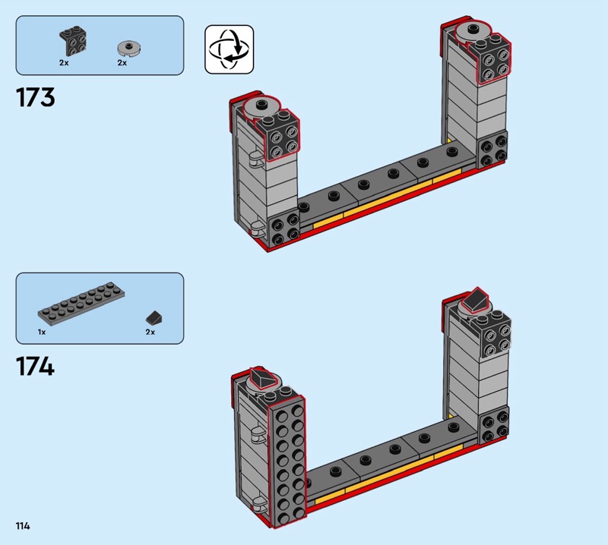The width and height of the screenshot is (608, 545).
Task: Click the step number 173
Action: click(35, 97)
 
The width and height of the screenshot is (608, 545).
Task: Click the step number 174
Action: click(35, 367)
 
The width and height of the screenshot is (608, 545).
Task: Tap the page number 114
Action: click(23, 525)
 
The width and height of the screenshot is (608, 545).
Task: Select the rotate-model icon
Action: click(230, 49)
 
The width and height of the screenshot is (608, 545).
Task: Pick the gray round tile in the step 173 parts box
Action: click(128, 48)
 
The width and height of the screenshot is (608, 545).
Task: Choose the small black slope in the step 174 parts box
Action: click(154, 318)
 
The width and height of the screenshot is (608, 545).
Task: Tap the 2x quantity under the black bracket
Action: click(64, 63)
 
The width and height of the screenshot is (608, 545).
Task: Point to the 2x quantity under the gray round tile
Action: click(122, 63)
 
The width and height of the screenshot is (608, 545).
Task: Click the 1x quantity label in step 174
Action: click(42, 332)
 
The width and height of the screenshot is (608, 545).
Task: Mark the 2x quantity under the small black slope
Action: click(150, 332)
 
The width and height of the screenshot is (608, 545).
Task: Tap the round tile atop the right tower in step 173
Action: click(472, 32)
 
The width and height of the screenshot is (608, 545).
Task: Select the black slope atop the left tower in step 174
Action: click(264, 377)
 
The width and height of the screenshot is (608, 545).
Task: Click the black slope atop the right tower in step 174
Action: click(477, 300)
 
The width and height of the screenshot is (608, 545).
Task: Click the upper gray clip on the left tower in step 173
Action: click(255, 159)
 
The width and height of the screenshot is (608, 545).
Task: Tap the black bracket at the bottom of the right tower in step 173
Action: click(492, 150)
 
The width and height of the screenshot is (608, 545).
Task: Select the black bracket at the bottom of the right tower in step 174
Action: click(494, 425)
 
